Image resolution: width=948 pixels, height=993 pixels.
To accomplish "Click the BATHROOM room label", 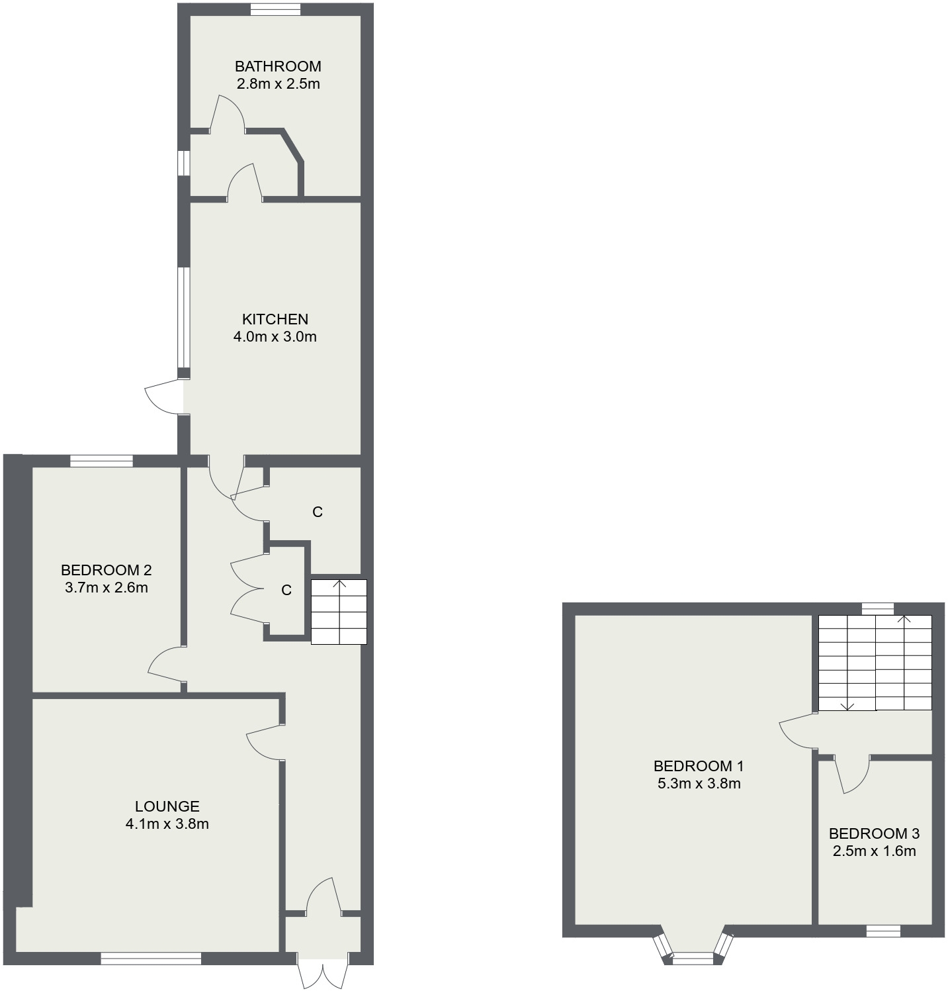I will (x=278, y=66).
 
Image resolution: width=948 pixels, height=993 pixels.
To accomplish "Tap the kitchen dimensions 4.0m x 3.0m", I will (x=275, y=337).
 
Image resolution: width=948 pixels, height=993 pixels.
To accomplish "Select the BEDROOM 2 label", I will (x=107, y=570).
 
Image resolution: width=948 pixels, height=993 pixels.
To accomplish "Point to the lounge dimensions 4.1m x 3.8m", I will (x=167, y=824).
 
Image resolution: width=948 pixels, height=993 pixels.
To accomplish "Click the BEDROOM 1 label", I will (x=699, y=767).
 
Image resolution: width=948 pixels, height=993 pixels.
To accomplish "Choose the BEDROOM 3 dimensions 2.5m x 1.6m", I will (x=874, y=851).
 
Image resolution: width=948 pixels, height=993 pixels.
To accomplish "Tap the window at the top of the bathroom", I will (x=276, y=9).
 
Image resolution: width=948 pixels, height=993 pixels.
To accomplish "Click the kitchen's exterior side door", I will (x=162, y=397).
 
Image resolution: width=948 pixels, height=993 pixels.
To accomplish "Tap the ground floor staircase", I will (x=339, y=612).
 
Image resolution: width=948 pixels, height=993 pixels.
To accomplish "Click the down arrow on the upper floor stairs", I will (x=848, y=704).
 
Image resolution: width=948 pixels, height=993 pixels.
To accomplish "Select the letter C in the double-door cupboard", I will (x=286, y=591).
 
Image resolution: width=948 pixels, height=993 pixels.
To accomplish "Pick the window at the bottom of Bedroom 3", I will (x=883, y=931).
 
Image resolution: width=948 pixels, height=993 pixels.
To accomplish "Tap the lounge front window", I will (x=151, y=958).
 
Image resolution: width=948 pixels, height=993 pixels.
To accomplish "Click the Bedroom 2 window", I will (x=101, y=461).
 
